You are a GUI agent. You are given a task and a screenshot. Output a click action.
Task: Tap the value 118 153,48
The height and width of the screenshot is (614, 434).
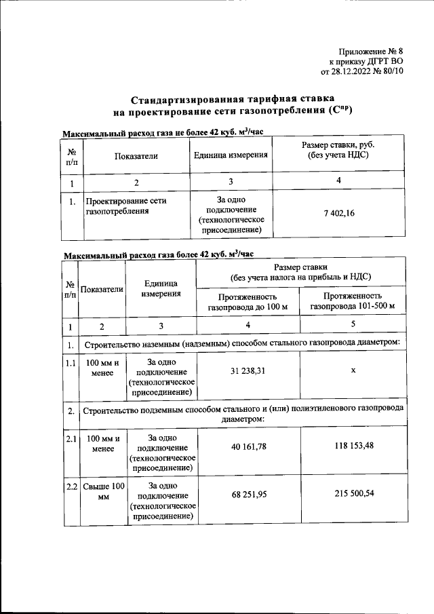click(353, 446)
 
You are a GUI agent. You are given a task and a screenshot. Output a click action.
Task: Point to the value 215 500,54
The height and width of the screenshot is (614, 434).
click(353, 493)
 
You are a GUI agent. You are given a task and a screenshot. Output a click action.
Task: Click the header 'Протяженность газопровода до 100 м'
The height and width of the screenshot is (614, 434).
click(248, 302)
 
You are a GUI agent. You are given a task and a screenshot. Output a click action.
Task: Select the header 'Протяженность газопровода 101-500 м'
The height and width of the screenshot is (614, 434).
click(353, 302)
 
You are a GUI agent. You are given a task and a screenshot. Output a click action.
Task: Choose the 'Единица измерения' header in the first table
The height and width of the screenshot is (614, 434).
click(231, 155)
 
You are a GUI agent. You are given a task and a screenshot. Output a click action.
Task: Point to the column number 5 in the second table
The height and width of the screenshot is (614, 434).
click(353, 325)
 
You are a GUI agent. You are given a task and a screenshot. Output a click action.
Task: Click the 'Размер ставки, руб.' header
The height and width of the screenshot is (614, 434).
click(338, 151)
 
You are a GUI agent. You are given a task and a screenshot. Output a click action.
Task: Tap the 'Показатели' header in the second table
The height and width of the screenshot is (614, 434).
click(102, 290)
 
